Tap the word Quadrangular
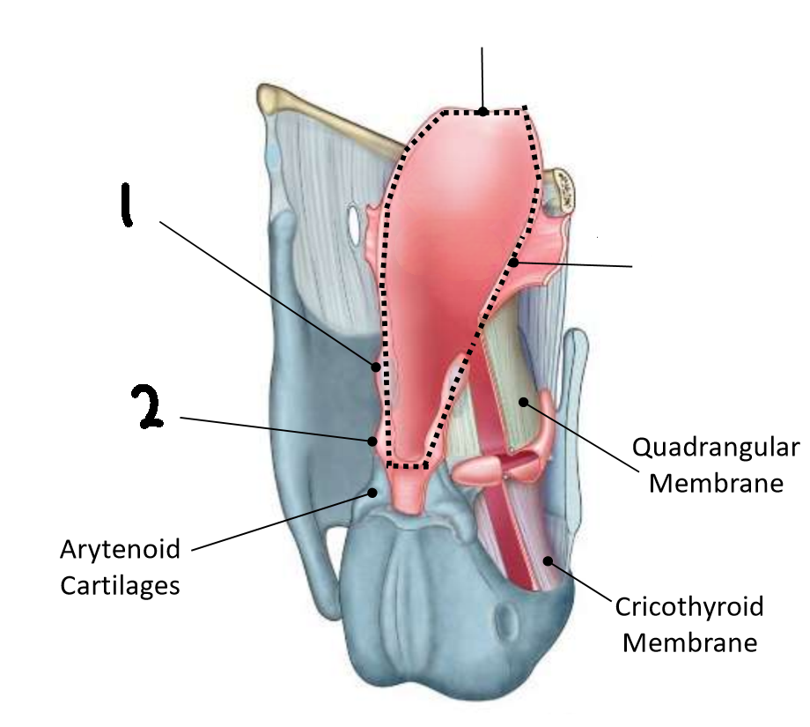click(716, 449)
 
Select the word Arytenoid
click(120, 550)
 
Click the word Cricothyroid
click(689, 607)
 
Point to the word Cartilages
click(120, 584)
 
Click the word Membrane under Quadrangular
click(716, 483)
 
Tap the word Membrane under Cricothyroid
click(689, 642)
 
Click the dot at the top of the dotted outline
click(482, 111)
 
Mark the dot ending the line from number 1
click(377, 366)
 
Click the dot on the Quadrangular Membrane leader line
click(523, 402)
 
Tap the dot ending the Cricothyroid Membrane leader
click(548, 560)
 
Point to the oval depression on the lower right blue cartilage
click(509, 622)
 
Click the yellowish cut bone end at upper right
click(562, 189)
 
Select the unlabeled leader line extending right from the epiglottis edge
click(577, 264)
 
